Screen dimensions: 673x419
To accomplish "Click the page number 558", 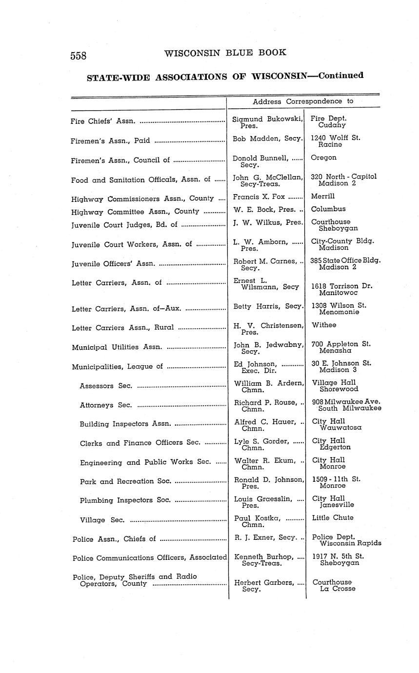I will point(79,56).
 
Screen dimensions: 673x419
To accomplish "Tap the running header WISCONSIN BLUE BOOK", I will point(225,53).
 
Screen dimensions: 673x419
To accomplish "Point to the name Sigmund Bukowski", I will point(268,119).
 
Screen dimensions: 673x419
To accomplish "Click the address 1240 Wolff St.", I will point(335,138).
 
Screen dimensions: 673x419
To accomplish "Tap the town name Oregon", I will point(323,158).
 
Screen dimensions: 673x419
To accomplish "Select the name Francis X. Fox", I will point(259,197).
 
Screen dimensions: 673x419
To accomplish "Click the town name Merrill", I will point(323,197).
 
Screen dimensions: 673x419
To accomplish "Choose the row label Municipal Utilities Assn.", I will point(117,347).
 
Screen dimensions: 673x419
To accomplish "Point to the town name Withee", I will point(324,325).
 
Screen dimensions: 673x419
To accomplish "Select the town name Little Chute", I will point(333,518).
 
